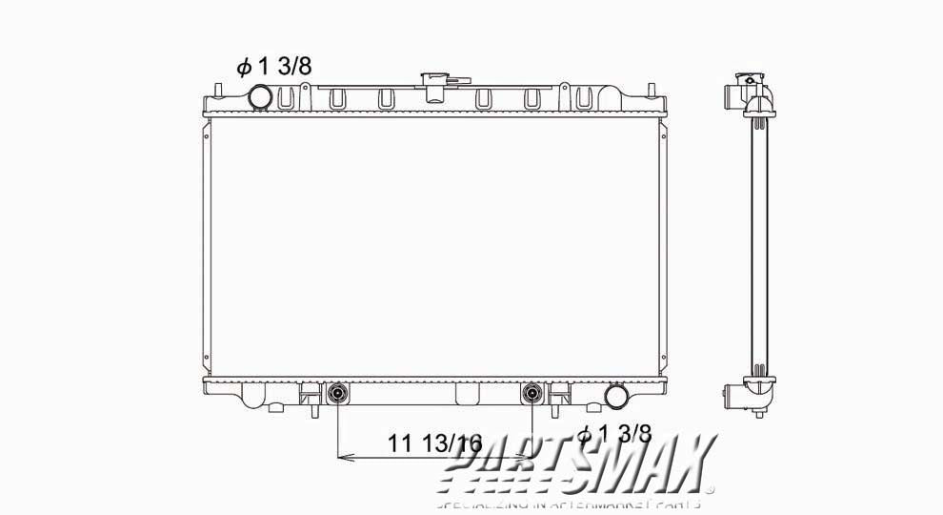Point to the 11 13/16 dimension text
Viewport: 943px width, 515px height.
tap(435, 443)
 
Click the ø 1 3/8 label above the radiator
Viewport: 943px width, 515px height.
tap(274, 66)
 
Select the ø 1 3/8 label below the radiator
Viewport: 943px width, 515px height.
tap(613, 435)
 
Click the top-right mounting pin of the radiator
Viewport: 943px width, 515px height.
tap(652, 91)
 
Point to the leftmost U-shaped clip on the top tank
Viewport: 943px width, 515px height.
tap(336, 97)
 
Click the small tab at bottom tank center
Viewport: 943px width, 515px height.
tap(468, 393)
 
